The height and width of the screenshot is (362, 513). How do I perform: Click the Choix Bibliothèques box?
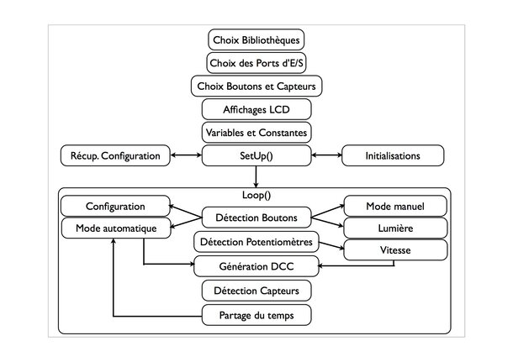pos(256,39)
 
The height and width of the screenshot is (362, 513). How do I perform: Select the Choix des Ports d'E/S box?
pos(256,63)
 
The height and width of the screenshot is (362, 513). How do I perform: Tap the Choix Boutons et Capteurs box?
pos(256,87)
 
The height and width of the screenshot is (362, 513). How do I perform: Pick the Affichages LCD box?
pos(256,109)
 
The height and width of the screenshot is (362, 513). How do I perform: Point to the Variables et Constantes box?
pos(256,133)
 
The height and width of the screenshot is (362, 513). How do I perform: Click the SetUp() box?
pos(256,156)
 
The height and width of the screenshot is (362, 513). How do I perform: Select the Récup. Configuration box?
pos(115,156)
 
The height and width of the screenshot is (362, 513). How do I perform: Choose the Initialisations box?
pos(393,156)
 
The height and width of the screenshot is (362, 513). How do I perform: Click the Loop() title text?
pos(256,195)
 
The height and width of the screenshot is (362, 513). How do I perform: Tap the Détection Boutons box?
pos(256,218)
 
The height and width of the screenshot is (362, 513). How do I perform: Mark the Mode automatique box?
pos(116,228)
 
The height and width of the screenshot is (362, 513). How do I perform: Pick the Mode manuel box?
pos(395,206)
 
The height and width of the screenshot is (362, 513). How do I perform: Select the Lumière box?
pos(395,228)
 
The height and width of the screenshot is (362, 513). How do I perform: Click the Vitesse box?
pos(395,250)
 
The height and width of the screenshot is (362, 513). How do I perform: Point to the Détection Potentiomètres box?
pos(256,242)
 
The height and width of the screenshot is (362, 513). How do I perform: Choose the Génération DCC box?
pos(256,266)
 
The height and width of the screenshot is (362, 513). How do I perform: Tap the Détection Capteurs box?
pos(256,291)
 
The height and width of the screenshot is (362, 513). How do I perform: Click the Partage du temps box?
pos(256,315)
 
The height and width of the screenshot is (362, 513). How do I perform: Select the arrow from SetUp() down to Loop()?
pos(256,176)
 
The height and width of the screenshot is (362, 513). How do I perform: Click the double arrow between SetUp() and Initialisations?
pos(326,155)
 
